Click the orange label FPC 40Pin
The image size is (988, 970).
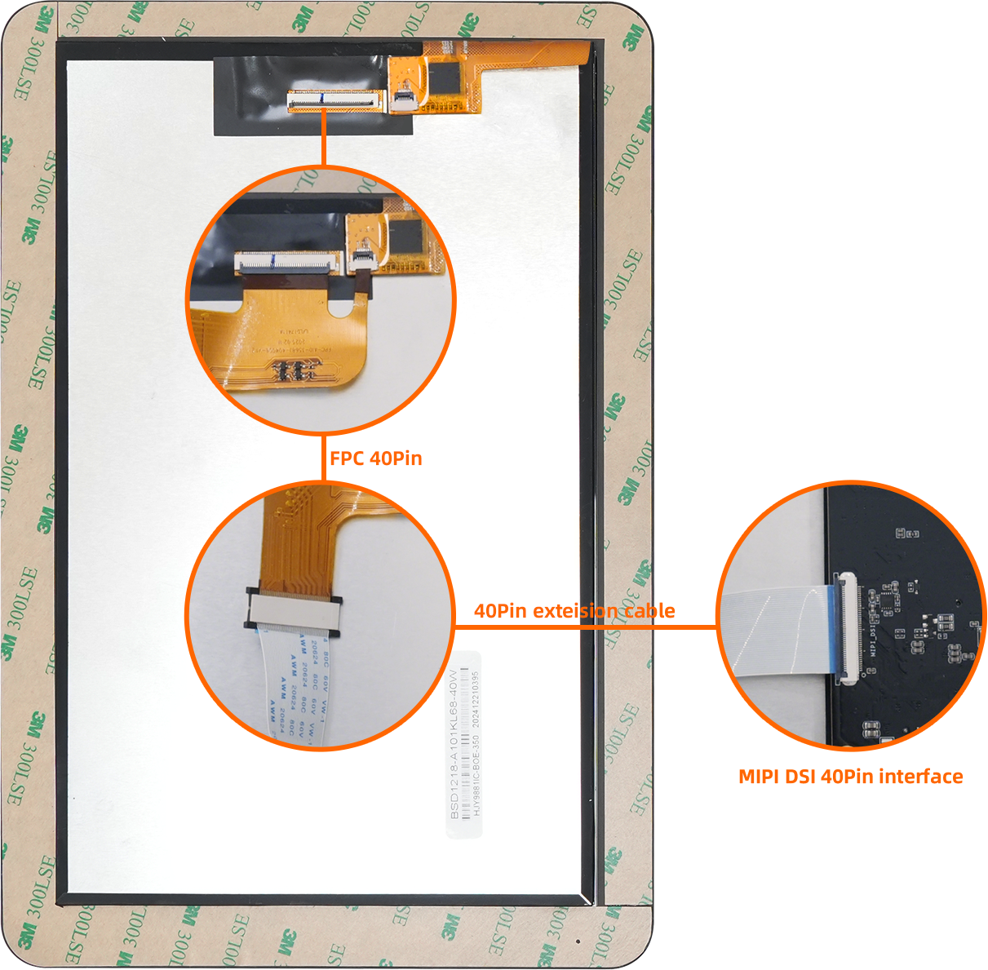(x=375, y=458)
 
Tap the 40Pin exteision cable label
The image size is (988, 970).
(x=574, y=611)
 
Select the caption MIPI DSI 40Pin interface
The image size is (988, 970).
(x=850, y=777)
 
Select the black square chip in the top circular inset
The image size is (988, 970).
(x=405, y=236)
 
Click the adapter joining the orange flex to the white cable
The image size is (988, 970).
(x=293, y=608)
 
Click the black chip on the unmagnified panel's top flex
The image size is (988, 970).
(x=445, y=78)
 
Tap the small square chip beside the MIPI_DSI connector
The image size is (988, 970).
(x=888, y=588)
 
